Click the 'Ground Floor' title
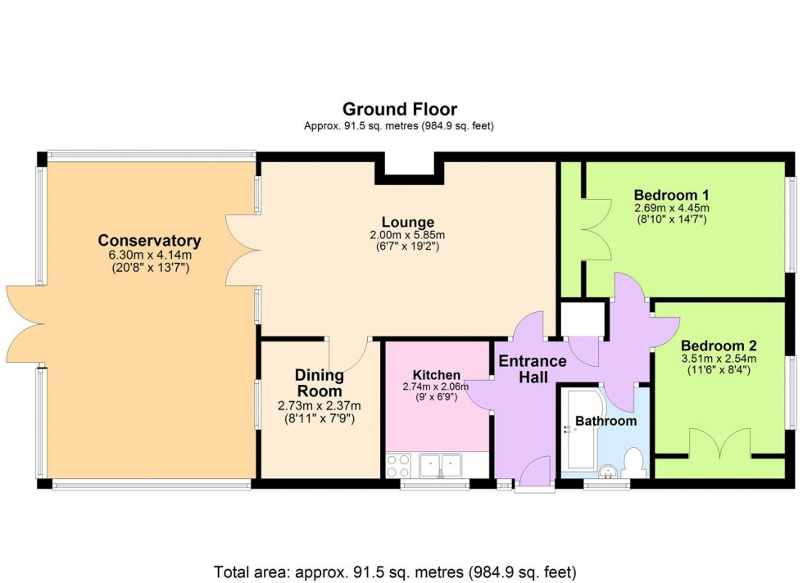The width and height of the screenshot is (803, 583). [400, 109]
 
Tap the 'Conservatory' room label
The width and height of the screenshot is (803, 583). [149, 241]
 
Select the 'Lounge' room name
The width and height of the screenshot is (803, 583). [407, 222]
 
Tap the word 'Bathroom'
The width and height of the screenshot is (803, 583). [606, 421]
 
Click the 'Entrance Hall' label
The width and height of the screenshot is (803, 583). [533, 368]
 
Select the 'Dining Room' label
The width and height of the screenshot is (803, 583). [320, 382]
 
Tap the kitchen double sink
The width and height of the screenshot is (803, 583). [441, 465]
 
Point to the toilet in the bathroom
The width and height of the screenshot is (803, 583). [635, 462]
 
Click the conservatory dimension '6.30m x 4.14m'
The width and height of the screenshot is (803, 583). [149, 255]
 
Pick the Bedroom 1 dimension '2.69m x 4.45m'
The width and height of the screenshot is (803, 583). [671, 208]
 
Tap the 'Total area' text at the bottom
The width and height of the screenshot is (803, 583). [395, 571]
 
